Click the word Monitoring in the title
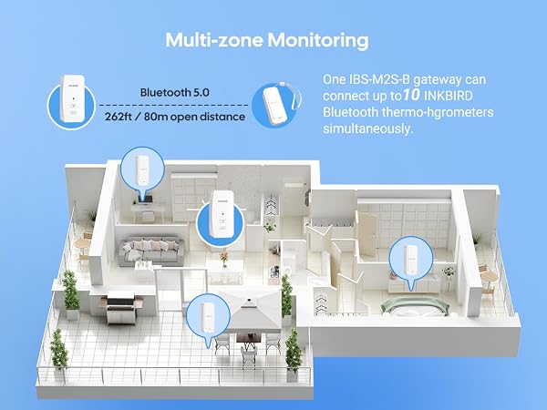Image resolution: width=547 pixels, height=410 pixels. (318, 40)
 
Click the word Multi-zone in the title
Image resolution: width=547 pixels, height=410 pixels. (214, 40)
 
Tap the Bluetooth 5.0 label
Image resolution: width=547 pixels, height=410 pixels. (175, 92)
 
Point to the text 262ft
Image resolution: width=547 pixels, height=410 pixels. (118, 117)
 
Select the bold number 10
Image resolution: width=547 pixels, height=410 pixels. (411, 95)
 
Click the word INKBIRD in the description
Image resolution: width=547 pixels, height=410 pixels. (448, 96)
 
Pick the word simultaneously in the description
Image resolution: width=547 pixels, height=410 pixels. (367, 128)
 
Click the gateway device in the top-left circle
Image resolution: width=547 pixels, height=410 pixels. (73, 98)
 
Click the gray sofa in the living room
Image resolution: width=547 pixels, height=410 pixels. (151, 251)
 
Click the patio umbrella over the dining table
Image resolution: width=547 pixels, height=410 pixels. (251, 311)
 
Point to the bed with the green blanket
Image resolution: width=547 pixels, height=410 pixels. (415, 307)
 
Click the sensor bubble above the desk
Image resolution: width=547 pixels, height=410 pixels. (142, 170)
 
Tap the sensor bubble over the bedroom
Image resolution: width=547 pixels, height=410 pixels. (411, 259)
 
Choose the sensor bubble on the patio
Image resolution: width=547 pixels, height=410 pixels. (208, 316)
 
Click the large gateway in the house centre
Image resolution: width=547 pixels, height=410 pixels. (222, 214)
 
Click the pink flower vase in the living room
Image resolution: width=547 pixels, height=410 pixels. (224, 259)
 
